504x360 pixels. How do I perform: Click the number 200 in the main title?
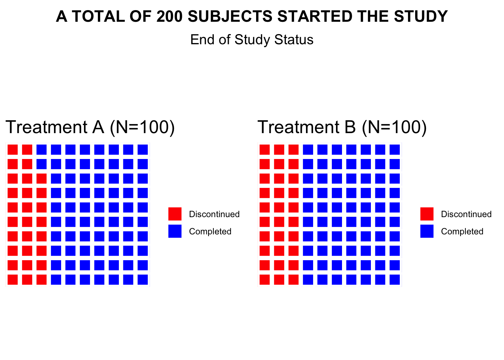[169, 16]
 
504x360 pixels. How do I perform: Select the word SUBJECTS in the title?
[230, 16]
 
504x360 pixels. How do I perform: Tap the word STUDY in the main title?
[421, 16]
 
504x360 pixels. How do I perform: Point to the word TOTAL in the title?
[98, 16]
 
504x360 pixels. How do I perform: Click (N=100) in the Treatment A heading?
[142, 127]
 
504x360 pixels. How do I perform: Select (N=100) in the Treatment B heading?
[394, 127]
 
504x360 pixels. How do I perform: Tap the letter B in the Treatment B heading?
[350, 127]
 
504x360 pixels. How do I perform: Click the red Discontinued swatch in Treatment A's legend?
[175, 214]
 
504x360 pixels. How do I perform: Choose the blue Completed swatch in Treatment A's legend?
[175, 231]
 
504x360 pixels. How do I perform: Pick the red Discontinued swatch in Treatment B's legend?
[427, 214]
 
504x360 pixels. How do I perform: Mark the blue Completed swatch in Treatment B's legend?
[427, 231]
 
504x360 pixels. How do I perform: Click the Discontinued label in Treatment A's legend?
[214, 214]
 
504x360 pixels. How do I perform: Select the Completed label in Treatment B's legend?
[462, 231]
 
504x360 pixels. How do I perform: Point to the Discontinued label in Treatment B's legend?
[466, 214]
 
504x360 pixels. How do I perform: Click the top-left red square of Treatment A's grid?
[13, 150]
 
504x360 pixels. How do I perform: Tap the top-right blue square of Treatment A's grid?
[142, 150]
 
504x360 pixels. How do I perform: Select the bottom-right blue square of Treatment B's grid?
[394, 280]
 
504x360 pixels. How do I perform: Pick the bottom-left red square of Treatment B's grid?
[265, 280]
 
